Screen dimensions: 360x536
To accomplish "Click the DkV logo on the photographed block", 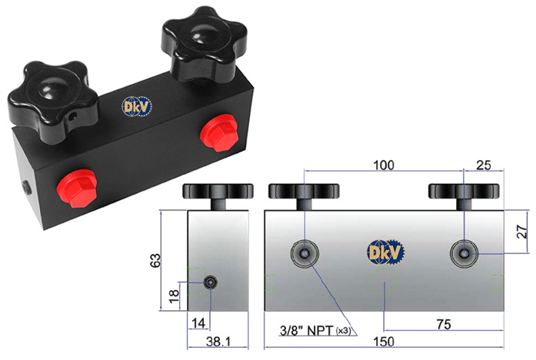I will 136,106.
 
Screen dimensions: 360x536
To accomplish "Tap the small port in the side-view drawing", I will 211,283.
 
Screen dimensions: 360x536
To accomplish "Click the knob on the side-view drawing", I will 218,192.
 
